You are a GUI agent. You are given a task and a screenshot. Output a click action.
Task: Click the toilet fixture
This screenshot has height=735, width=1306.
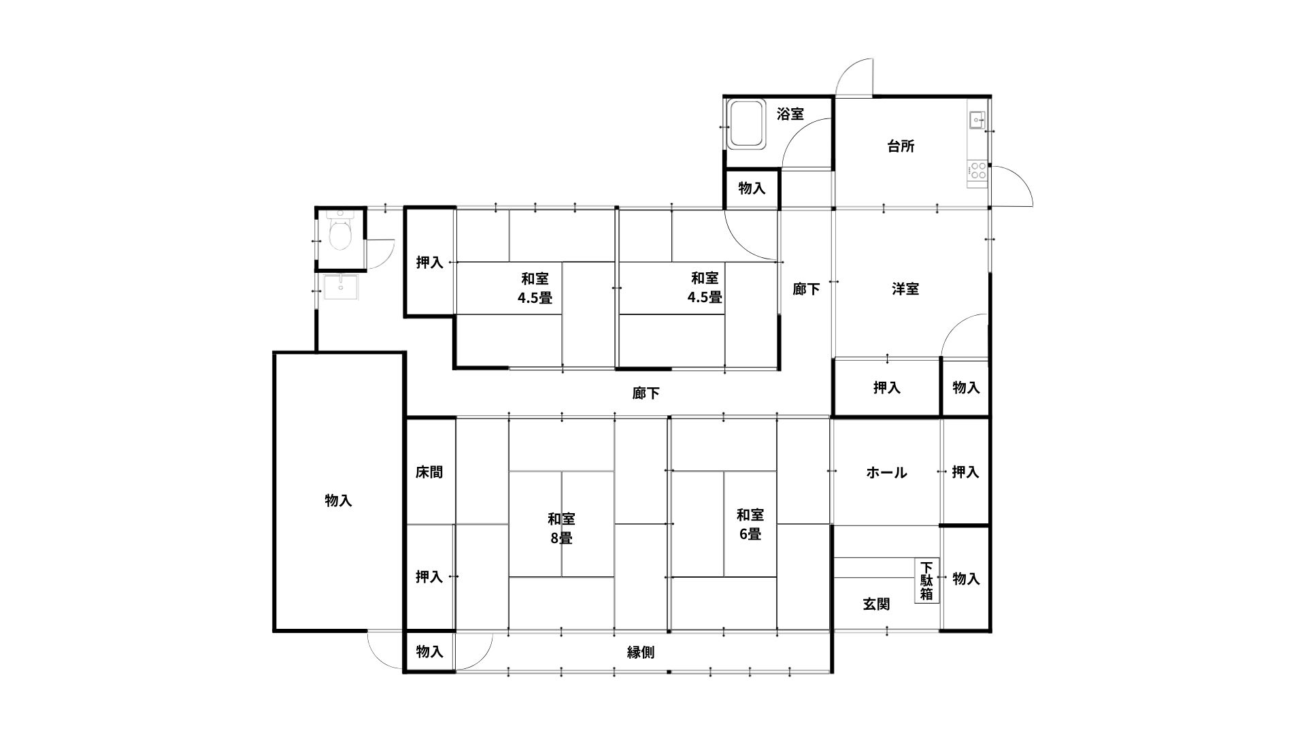339,232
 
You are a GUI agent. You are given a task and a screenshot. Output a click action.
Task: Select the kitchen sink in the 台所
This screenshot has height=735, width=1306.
977,120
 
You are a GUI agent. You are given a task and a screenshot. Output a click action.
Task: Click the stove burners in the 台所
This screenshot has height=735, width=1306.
977,170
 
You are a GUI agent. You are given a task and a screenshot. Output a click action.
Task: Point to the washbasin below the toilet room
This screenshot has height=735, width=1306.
339,287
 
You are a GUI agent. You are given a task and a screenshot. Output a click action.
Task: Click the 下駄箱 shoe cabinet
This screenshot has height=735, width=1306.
926,581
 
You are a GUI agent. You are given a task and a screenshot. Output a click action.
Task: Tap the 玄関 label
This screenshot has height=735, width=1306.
876,604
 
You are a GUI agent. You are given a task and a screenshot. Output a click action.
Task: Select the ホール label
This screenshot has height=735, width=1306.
886,472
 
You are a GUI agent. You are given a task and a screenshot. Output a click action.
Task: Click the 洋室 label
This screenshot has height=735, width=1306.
905,289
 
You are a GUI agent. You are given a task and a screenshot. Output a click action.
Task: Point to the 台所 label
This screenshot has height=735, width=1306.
901,146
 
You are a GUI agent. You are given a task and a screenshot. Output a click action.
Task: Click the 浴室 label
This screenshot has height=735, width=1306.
790,114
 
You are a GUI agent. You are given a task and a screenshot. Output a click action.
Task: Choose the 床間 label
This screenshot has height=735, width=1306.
429,472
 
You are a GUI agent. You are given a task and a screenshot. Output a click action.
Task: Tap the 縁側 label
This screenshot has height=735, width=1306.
641,652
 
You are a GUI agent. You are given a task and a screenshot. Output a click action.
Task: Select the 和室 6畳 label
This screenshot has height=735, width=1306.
750,524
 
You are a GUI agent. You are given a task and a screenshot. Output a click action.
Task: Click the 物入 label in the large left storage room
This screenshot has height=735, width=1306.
338,500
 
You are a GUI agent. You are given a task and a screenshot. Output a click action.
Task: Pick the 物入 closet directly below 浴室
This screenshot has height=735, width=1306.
752,189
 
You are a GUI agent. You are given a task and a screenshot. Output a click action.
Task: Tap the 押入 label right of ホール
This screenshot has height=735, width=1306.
965,472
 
